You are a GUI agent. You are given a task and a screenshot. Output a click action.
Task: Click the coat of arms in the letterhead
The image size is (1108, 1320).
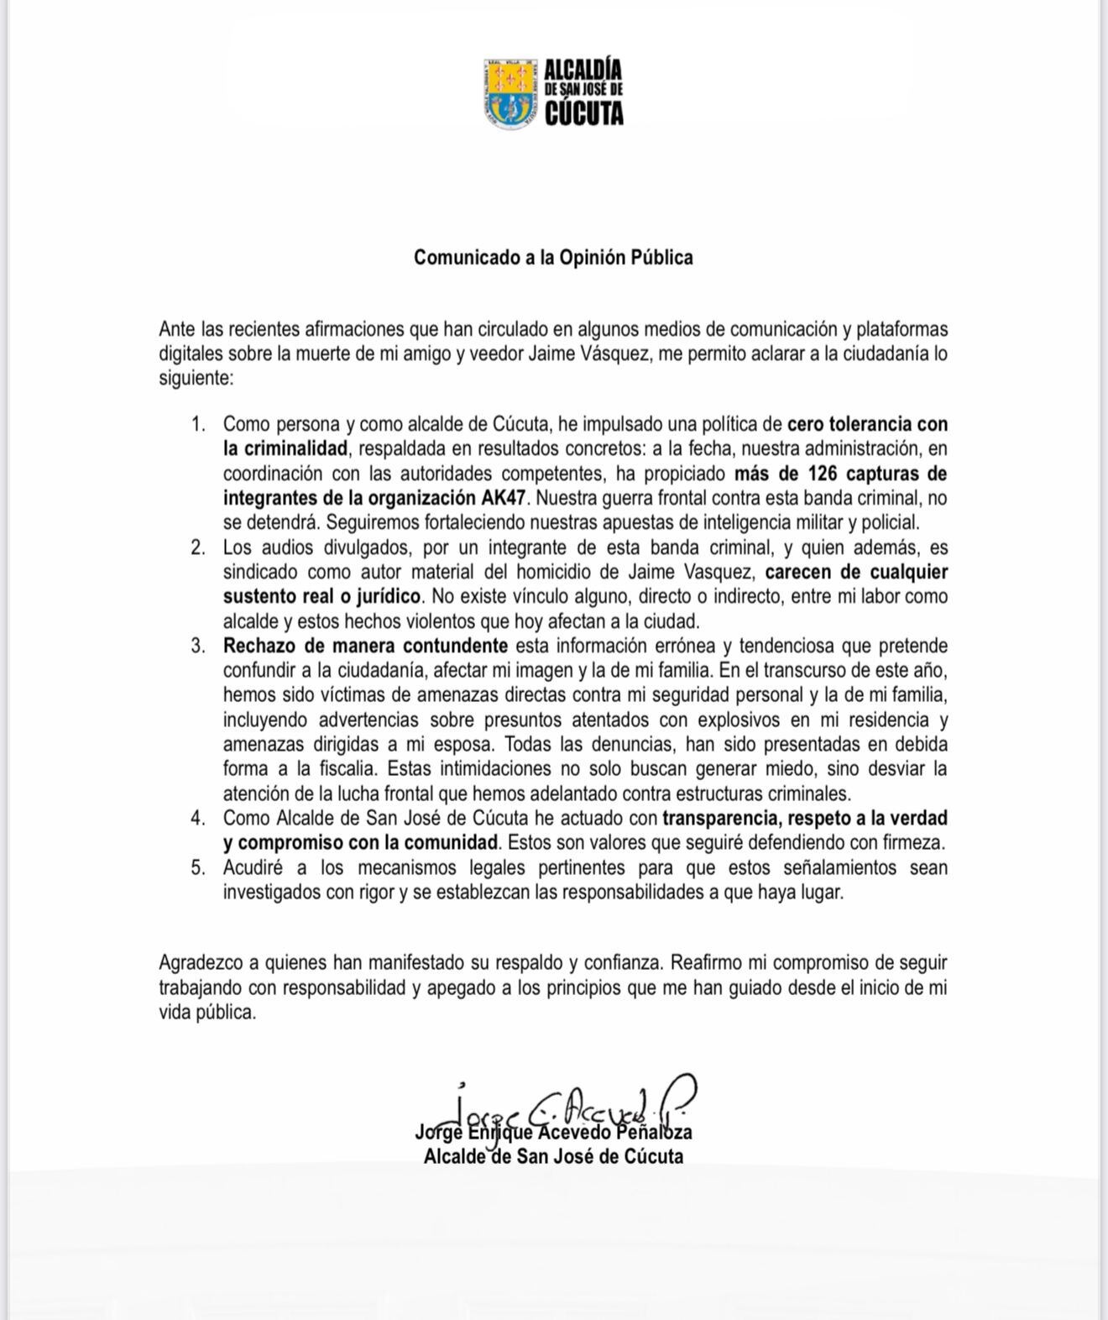510,93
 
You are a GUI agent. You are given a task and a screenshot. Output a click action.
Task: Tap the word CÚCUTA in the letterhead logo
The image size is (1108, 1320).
583,113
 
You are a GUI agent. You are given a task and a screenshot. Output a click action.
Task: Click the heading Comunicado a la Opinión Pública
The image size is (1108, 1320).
553,258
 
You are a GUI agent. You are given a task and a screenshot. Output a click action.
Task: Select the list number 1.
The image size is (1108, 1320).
198,424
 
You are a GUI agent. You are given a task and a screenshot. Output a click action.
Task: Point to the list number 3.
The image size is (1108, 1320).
198,646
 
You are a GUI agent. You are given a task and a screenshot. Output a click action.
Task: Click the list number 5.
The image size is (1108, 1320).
198,867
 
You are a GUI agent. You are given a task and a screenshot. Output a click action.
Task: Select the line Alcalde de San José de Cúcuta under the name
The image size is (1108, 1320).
553,1157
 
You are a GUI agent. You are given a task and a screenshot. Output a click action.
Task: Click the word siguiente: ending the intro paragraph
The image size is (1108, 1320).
196,378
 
